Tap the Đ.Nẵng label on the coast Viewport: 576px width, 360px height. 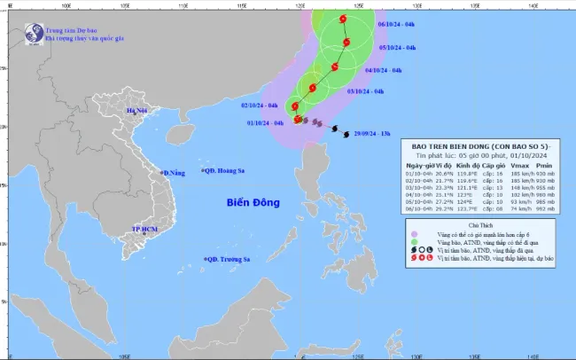(174, 172)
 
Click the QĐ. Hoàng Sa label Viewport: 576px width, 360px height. (222, 170)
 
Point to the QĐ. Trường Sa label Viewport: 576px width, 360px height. (228, 259)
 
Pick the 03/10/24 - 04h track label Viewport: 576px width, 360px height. (365, 91)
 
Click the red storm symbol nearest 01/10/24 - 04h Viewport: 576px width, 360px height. (298, 119)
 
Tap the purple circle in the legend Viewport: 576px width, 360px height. (414, 233)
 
